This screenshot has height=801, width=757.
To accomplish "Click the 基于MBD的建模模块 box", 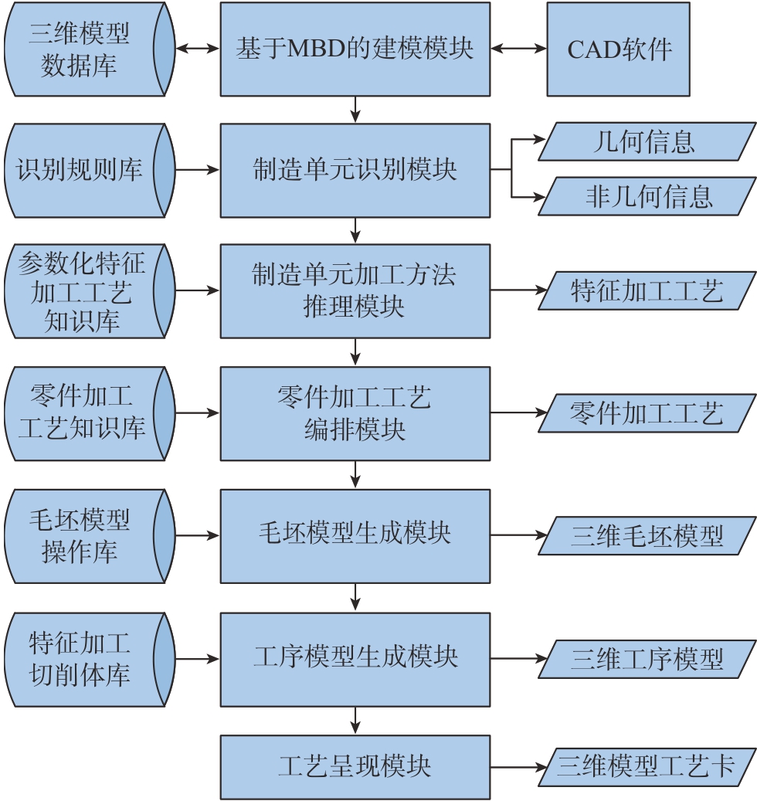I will coord(355,49).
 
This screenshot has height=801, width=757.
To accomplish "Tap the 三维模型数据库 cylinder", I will coord(85,49).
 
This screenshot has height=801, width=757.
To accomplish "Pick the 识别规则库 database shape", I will coord(85,170).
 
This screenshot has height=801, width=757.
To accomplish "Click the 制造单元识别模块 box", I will coord(355,170).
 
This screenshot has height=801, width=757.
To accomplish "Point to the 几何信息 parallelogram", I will coord(645,141).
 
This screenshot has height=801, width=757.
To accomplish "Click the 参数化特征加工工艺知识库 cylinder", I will coord(85,291).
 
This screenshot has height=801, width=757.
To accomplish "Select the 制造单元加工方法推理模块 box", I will coord(355,291).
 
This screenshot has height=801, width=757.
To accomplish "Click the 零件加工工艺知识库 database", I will coord(85,413).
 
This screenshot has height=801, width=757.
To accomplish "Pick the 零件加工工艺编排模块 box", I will coord(355,413).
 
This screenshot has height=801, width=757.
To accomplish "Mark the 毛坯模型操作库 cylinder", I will coord(85,535).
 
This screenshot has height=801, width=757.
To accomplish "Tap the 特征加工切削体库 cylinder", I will coord(85,659).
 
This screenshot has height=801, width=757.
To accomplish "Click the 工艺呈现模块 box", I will coord(355,767).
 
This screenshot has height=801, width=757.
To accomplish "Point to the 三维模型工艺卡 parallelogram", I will coord(646,767).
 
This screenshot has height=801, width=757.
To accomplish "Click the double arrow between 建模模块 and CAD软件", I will coord(518,49).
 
